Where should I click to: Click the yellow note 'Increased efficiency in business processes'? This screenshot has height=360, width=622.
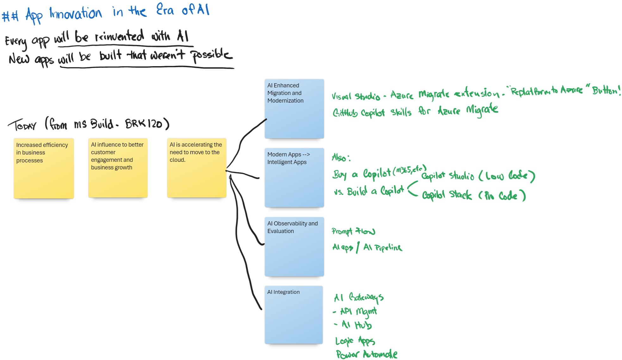pos(44,168)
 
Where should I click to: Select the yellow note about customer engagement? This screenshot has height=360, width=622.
pos(118,168)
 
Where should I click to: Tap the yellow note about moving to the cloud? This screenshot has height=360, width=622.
pos(196,168)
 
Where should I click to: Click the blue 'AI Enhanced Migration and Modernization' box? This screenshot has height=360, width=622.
pos(294,109)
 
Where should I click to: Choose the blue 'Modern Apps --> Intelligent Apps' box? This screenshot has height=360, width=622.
pos(294,178)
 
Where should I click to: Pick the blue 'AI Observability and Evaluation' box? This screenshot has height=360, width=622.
pos(294,247)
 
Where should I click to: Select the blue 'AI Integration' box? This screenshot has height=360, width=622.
pos(294,315)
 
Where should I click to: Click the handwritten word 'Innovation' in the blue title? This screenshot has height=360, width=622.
pos(76,14)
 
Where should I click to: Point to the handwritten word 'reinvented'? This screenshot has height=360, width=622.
pos(119,36)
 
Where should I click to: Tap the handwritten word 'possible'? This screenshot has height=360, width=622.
pos(211,55)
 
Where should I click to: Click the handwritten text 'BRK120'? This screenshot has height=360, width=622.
pos(144,123)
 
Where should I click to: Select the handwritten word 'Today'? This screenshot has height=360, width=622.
pos(22,125)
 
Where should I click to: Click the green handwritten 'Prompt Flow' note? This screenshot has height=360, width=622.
pos(353,231)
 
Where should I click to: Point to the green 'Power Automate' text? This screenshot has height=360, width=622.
pos(366,354)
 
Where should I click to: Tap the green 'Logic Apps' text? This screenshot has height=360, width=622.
pos(355,341)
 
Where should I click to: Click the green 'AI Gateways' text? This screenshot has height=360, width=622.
pos(358,297)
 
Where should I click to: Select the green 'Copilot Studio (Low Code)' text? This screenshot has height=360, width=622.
pos(478,176)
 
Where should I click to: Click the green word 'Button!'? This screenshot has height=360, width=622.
pos(606,91)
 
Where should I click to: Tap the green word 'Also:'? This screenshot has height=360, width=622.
pos(341,157)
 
